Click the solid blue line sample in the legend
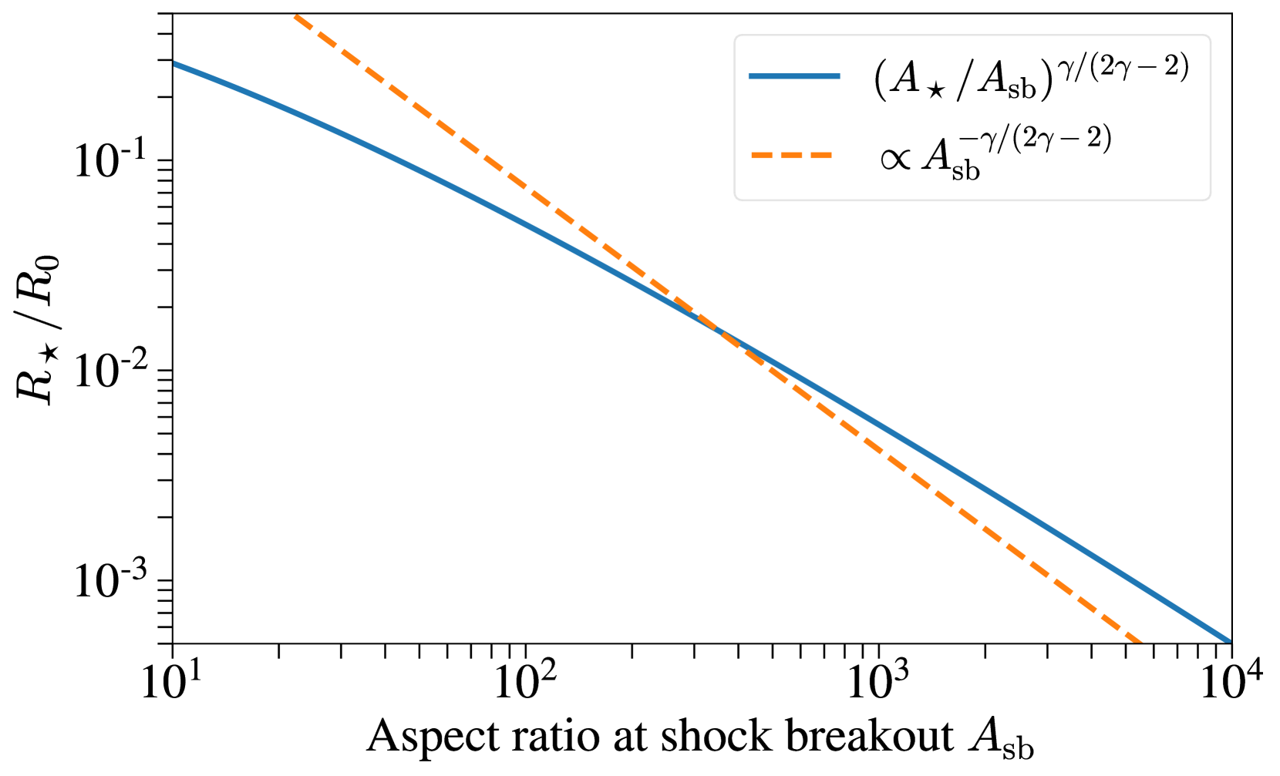794,76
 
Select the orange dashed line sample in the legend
792,155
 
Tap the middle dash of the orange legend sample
792,155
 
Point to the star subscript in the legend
936,91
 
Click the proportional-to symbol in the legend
895,160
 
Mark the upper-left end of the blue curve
176,65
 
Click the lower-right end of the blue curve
1228,640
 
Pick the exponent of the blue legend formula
1123,69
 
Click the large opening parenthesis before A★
880,79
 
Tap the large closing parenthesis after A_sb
1046,79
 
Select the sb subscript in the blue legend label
1022,90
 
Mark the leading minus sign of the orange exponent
968,141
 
